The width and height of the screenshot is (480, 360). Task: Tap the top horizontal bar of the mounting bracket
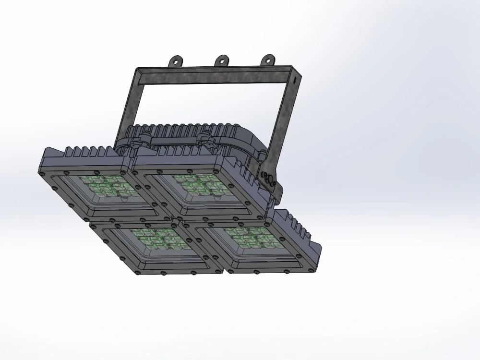coord(216,75)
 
